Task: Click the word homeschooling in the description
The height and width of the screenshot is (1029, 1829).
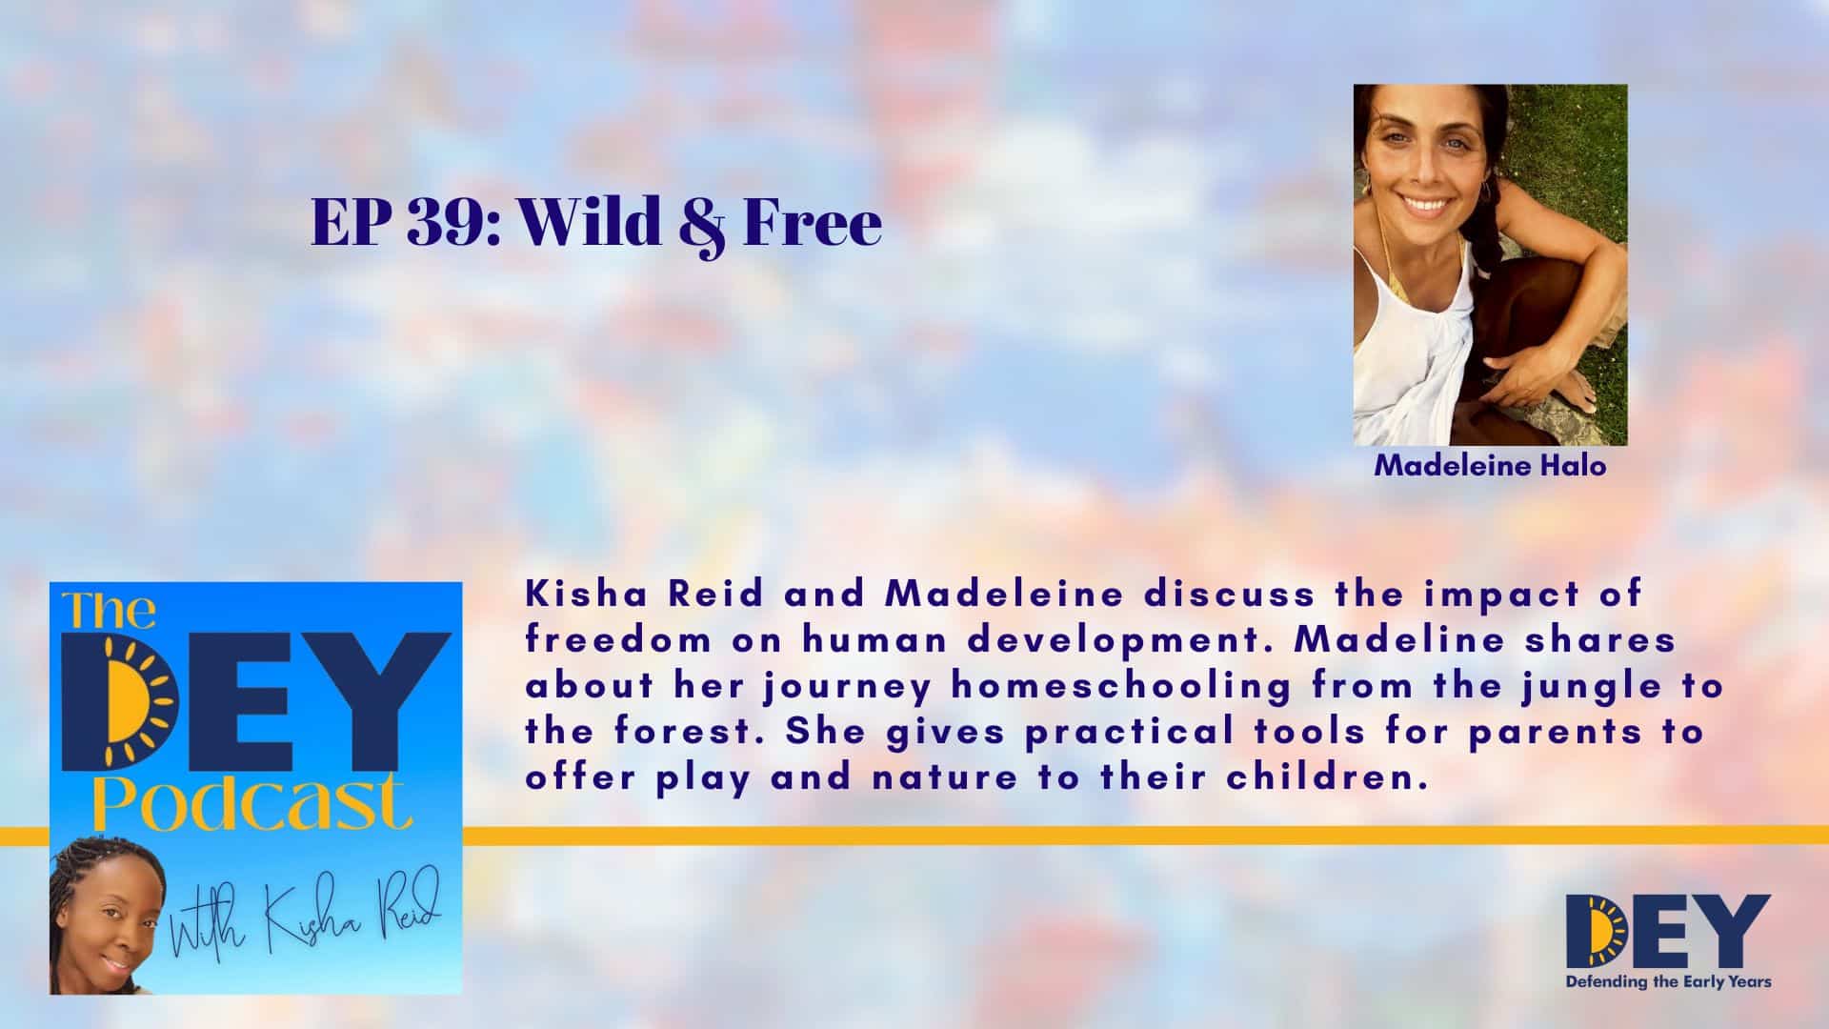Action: (x=1118, y=686)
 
